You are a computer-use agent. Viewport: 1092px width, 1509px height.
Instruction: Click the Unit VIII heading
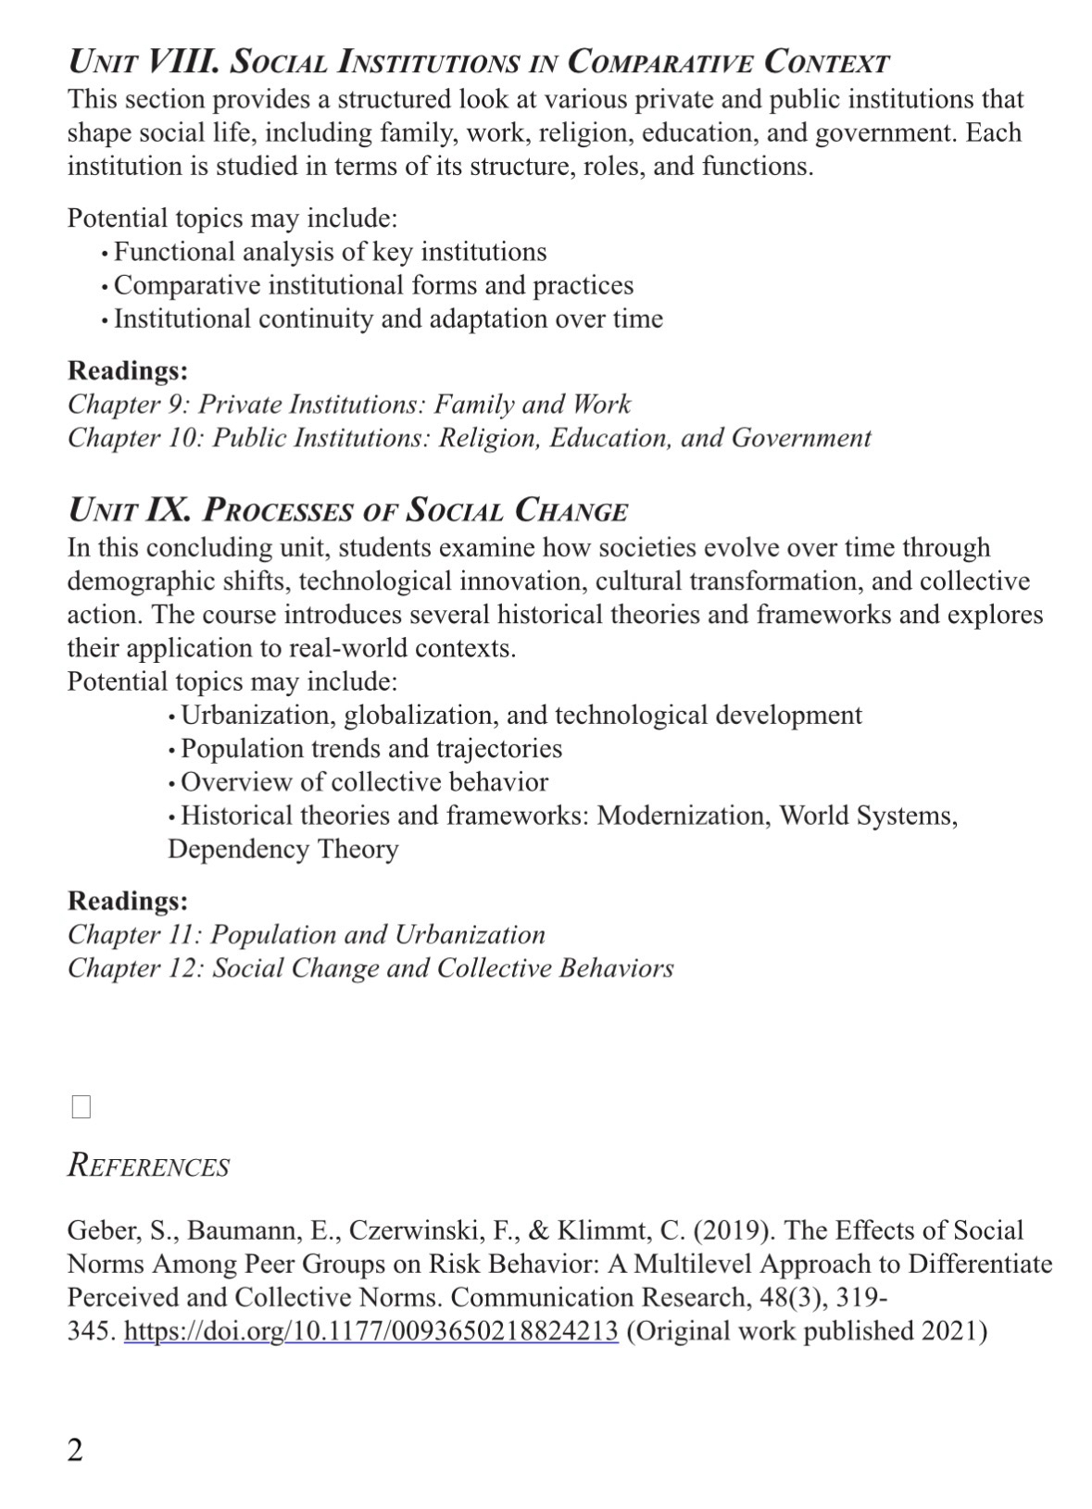click(478, 62)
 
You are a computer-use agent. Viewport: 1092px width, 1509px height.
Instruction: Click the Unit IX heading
click(347, 510)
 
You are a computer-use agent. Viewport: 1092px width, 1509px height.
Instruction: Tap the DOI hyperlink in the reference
click(370, 1330)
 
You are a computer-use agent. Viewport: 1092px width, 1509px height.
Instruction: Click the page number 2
click(75, 1449)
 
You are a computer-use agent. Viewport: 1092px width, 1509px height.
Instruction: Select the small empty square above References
click(82, 1106)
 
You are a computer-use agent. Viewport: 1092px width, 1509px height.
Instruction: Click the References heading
click(148, 1166)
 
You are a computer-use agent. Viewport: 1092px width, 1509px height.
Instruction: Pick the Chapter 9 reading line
click(349, 404)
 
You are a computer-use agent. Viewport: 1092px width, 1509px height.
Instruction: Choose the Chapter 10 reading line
click(469, 437)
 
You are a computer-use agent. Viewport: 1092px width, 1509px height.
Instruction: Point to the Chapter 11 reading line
click(307, 934)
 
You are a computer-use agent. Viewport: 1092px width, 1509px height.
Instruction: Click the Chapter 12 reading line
click(370, 967)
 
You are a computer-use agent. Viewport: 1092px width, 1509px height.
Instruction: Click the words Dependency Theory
click(282, 849)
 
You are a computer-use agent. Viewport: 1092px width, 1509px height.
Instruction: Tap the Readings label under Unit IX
click(128, 901)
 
